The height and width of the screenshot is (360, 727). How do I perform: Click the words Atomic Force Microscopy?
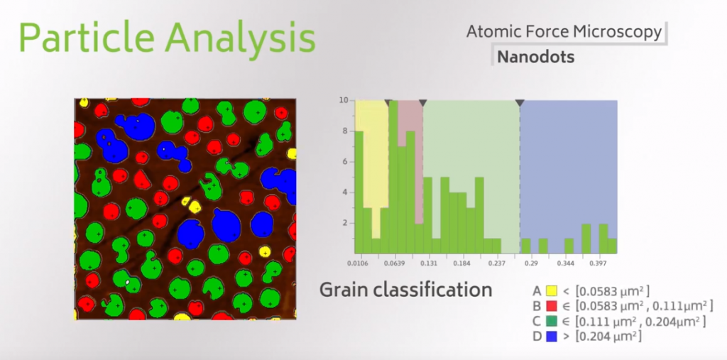coord(564,31)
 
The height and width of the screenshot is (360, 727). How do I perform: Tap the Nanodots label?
coord(536,57)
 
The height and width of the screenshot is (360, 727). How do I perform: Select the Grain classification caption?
coord(405,290)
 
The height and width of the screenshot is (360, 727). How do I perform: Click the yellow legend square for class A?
coord(550,291)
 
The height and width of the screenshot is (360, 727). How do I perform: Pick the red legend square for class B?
coord(550,306)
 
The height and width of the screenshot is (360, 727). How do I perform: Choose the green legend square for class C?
coord(550,322)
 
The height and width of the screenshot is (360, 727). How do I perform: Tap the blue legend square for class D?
coord(550,337)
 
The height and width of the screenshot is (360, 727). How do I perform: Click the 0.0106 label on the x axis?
coord(360,263)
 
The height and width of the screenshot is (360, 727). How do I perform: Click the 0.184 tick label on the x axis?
coord(463,263)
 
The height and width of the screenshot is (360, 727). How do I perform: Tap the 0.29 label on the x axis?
coord(531,263)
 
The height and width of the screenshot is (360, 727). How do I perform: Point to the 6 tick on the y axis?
coord(344,161)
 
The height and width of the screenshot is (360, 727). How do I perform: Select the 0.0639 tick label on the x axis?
coord(394,263)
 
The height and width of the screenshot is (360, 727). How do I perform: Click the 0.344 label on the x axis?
coord(566,263)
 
